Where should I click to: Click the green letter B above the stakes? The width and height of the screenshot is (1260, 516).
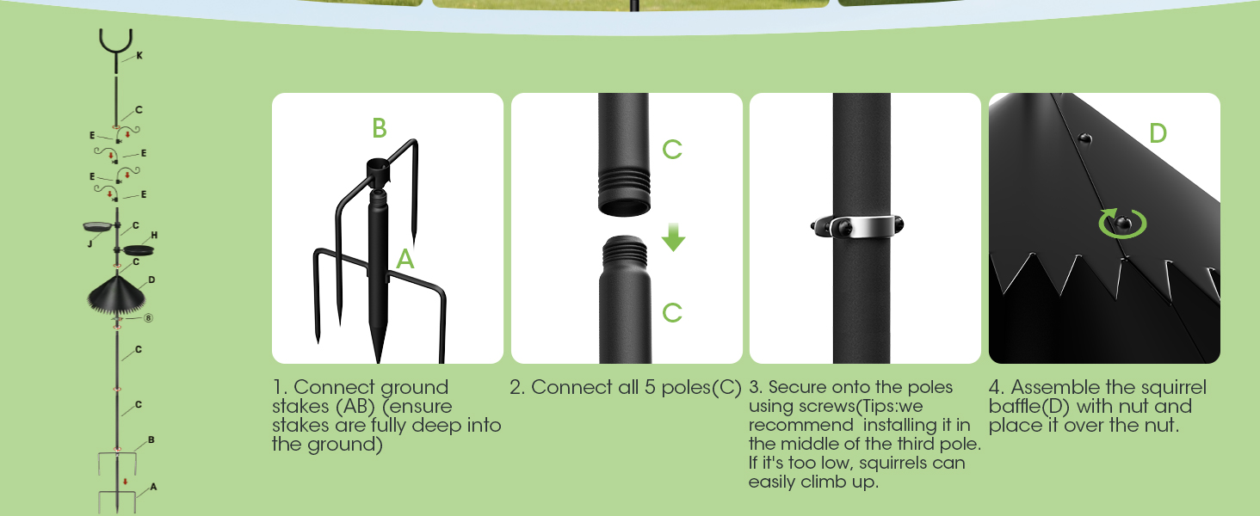pos(380,129)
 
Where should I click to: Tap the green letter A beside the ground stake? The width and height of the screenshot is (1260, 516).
pos(405,259)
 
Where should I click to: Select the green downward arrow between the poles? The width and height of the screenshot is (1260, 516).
pos(673,237)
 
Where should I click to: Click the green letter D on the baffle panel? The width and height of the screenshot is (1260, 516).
pos(1158,134)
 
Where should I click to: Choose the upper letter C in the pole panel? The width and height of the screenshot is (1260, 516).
pos(672,150)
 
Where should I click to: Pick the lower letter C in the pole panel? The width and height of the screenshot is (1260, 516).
pos(672,313)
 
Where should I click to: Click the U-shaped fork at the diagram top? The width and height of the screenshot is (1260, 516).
pos(115,43)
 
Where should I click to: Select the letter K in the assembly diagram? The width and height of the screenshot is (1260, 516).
pos(139,55)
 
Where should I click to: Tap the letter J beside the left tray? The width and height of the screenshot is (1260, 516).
pos(90,243)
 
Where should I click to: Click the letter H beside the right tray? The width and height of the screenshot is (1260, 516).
pos(154,235)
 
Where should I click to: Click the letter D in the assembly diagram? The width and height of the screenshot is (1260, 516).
pos(151,279)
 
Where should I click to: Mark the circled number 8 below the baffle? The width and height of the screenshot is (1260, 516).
pos(148,317)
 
